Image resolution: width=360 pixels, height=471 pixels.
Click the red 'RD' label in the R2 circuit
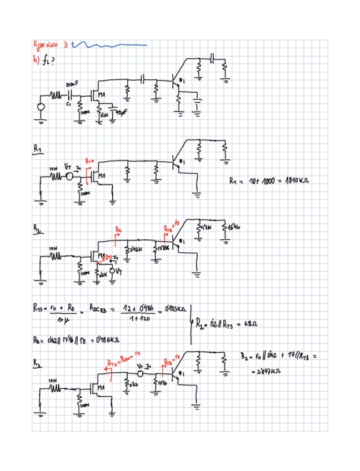[118, 229]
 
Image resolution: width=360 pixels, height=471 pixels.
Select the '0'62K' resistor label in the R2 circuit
[136, 250]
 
